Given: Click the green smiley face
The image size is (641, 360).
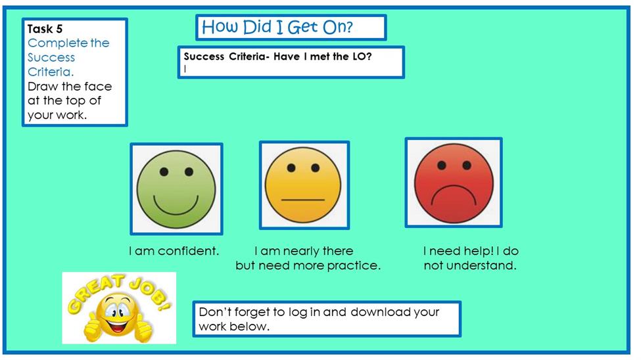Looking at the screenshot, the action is coord(176,189).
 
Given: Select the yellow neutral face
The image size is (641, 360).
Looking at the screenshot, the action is coord(303,185).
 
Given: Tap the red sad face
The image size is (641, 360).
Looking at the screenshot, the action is coord(454,183).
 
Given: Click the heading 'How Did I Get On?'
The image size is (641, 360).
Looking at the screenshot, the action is coord(277,27).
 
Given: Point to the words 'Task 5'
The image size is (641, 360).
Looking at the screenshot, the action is coord(45,29).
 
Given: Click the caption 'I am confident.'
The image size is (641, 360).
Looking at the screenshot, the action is coord(174,251).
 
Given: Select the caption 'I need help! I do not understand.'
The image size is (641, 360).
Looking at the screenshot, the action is coord(471,258).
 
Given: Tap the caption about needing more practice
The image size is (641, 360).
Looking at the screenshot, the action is coord(308,258).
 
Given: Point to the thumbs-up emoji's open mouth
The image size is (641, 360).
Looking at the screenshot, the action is coord(116,327).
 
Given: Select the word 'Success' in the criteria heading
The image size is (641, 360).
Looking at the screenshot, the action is coord(204,56).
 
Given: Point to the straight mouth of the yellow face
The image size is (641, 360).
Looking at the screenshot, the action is coord(303,200).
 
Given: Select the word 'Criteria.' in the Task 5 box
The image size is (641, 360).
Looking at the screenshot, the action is coord(51,72).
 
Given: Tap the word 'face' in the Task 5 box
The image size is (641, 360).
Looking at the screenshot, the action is coord(98,86).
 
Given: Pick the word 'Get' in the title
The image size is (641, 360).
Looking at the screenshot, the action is coord(303,27).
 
